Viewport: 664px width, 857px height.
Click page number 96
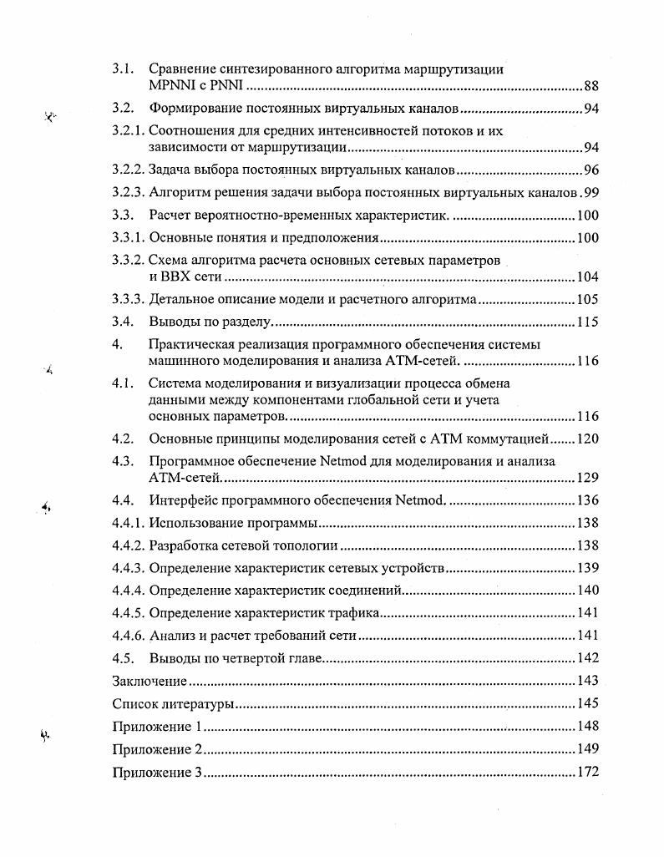pyautogui.click(x=591, y=170)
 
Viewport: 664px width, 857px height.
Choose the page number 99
pyautogui.click(x=591, y=193)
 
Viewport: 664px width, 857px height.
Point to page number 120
pyautogui.click(x=588, y=439)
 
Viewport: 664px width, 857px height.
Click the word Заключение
pyautogui.click(x=150, y=682)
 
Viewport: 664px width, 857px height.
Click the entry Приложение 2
pyautogui.click(x=158, y=749)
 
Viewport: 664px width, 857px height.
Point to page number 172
pyautogui.click(x=588, y=772)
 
